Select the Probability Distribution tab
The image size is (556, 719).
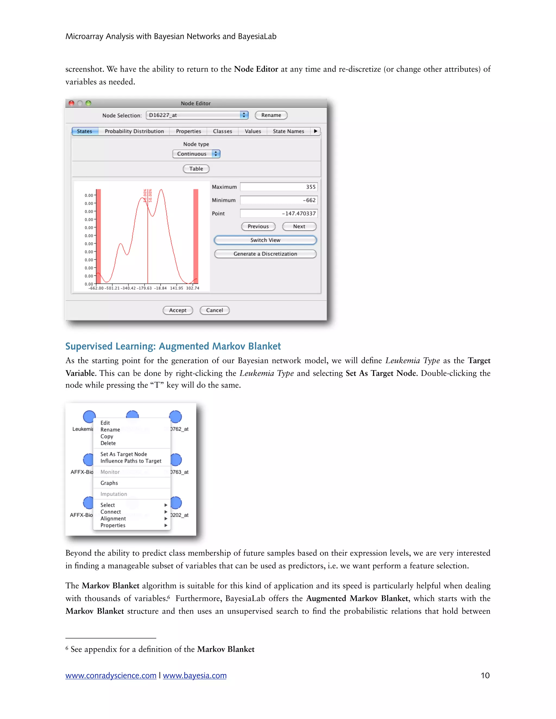tap(134, 131)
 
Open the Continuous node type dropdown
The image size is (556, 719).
tap(196, 154)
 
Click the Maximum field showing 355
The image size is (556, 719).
tap(279, 187)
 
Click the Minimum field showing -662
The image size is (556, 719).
tap(279, 200)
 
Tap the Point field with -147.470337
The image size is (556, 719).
tap(279, 213)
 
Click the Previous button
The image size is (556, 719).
tap(258, 227)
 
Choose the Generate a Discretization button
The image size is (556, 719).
tap(265, 254)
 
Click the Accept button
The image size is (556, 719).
tap(178, 310)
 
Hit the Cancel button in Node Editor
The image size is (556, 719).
tap(214, 310)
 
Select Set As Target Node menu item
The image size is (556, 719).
tap(124, 454)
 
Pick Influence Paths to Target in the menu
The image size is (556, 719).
tap(131, 461)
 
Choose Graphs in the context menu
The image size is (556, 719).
tap(109, 483)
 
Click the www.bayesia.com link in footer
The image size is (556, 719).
tap(195, 676)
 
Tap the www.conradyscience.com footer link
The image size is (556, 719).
tap(111, 676)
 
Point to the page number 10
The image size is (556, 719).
tap(485, 676)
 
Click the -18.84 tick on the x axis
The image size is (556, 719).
tap(160, 288)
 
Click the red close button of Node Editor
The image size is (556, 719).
tap(71, 103)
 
